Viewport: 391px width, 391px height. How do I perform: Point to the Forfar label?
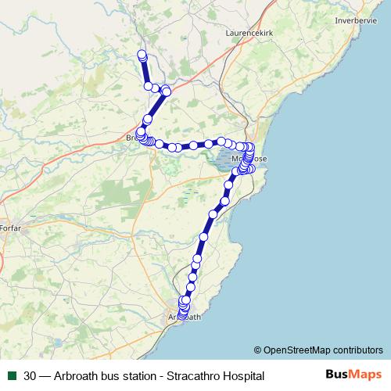[x=11, y=228]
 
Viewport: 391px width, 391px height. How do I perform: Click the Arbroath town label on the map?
[x=185, y=317]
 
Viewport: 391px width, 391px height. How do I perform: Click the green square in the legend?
[x=10, y=375]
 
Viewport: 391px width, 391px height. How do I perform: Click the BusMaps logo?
[x=353, y=375]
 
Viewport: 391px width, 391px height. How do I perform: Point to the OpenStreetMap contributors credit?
[x=318, y=350]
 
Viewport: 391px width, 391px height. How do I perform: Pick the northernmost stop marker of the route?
[x=142, y=54]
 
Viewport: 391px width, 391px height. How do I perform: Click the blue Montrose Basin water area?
[x=223, y=160]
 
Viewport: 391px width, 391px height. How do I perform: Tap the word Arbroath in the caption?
[x=78, y=375]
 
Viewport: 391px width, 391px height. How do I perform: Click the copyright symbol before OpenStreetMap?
[x=257, y=350]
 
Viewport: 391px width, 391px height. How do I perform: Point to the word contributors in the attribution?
[x=356, y=350]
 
